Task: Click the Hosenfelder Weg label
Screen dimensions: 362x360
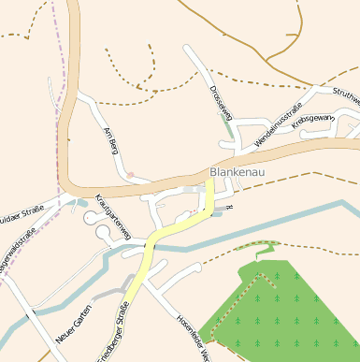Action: pyautogui.click(x=192, y=333)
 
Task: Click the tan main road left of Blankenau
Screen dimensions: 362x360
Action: pyautogui.click(x=112, y=183)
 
